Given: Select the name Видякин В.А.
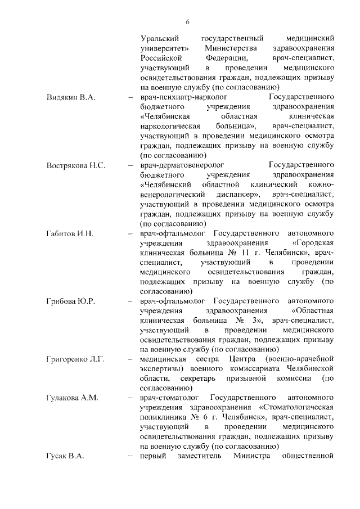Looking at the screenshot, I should [x=71, y=97].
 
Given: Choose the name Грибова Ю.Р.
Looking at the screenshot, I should [x=70, y=301].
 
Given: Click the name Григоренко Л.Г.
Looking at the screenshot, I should [x=75, y=359].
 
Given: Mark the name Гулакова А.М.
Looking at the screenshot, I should [x=73, y=398].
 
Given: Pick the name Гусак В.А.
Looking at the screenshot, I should [x=65, y=456].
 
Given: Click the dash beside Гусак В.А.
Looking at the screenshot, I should [x=130, y=456].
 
